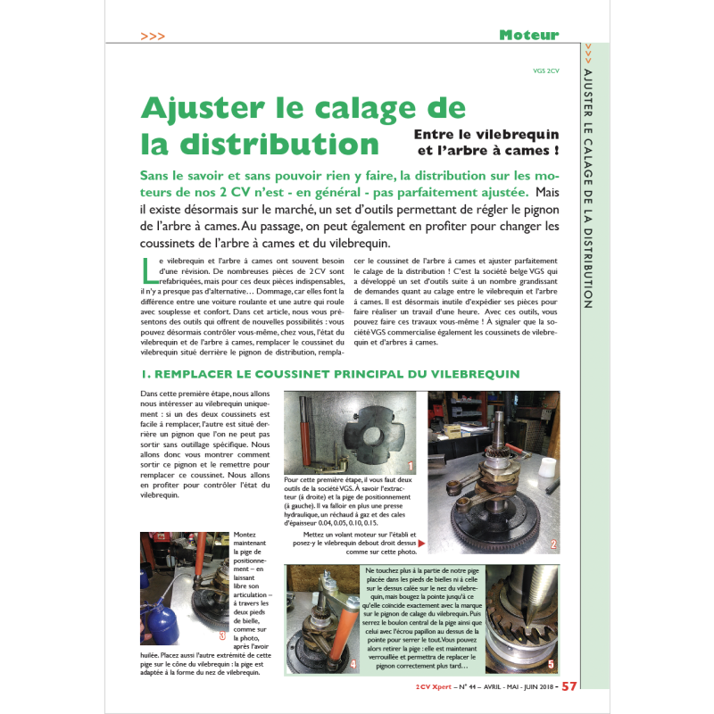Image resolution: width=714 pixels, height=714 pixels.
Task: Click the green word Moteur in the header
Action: click(x=528, y=35)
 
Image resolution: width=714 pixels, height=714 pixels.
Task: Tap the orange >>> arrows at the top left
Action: click(x=153, y=36)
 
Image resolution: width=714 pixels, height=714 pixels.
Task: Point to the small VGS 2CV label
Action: click(x=545, y=71)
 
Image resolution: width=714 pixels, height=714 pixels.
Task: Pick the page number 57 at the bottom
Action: click(x=569, y=685)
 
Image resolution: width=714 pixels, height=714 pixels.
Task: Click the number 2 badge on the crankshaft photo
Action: click(x=553, y=544)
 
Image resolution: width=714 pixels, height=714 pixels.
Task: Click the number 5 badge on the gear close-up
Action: click(x=551, y=664)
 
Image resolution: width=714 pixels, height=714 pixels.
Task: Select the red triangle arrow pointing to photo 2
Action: click(x=421, y=543)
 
